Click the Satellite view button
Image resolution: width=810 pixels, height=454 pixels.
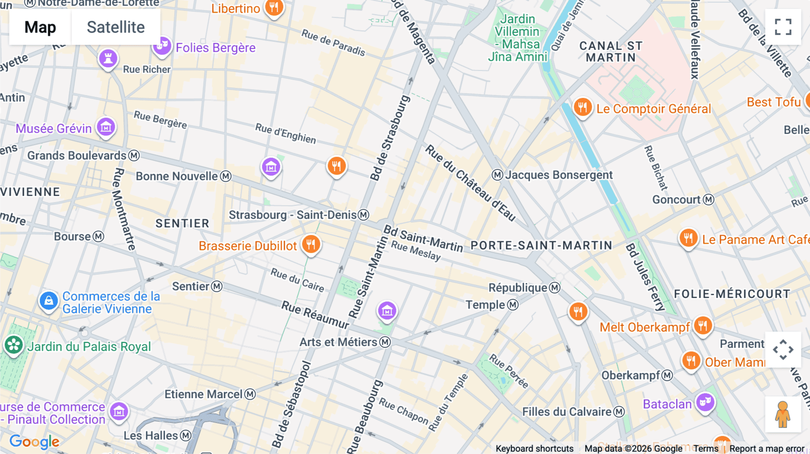coord(116,27)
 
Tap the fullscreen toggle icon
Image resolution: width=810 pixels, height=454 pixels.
coord(783,27)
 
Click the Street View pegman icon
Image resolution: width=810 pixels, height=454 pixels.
coord(783,414)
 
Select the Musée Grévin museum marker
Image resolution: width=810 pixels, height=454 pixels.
coord(106,128)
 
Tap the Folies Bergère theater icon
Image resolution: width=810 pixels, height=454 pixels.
coord(162,46)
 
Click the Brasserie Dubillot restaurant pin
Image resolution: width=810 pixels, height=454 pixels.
coord(311,245)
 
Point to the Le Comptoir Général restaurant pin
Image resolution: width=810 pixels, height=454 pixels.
coord(582,107)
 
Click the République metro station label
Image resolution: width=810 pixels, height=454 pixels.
coord(518,288)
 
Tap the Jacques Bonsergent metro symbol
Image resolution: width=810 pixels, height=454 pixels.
coord(497,175)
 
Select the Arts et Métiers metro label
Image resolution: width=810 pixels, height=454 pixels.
coord(338,342)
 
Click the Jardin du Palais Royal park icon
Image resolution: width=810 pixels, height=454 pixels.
coord(13,345)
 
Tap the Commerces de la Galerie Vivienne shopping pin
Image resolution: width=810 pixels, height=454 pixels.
coord(49,301)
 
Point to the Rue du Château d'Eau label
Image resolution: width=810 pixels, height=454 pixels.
coord(470,182)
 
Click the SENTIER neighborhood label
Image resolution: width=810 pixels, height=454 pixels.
coord(182,223)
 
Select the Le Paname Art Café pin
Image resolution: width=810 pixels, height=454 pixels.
coord(688,238)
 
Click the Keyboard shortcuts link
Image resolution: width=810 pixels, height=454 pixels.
coord(535,449)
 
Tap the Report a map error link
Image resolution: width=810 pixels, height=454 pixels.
coord(767,449)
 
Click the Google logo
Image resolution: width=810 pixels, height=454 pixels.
coord(34,442)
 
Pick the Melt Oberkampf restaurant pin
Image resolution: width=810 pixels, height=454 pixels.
coord(702,325)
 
